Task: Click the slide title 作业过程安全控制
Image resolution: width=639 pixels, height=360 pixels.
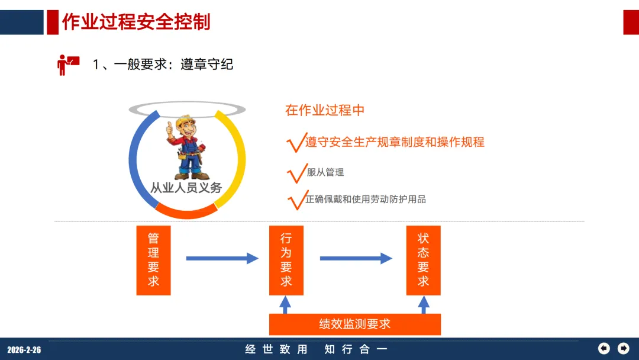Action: [136, 22]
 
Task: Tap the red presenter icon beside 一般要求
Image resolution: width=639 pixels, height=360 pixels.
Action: [67, 64]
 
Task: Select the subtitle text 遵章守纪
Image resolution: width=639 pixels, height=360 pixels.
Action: [206, 65]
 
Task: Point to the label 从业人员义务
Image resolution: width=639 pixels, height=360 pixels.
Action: [186, 188]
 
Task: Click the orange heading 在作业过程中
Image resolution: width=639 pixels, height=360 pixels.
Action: [325, 110]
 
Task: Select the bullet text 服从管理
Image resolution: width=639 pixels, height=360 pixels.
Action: [325, 172]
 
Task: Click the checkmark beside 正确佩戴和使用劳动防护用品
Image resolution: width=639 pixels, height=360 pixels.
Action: [295, 201]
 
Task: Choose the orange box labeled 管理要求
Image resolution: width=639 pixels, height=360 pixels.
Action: [153, 260]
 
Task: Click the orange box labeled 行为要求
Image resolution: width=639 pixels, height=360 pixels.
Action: [286, 260]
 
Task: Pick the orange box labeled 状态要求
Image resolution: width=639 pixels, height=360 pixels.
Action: [423, 260]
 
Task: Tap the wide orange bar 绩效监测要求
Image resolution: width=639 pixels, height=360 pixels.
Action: [355, 324]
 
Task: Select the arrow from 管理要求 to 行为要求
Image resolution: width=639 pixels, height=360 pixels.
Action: [222, 258]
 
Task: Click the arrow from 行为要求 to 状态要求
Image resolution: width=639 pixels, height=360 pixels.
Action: [356, 258]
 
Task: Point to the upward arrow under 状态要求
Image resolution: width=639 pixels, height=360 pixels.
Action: [424, 304]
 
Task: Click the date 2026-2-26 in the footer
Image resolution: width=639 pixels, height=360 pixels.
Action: [24, 350]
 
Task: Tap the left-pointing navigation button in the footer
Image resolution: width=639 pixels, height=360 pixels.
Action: [604, 348]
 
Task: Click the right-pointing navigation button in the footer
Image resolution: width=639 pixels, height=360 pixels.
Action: [623, 348]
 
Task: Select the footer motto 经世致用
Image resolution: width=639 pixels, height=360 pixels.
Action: [277, 349]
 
